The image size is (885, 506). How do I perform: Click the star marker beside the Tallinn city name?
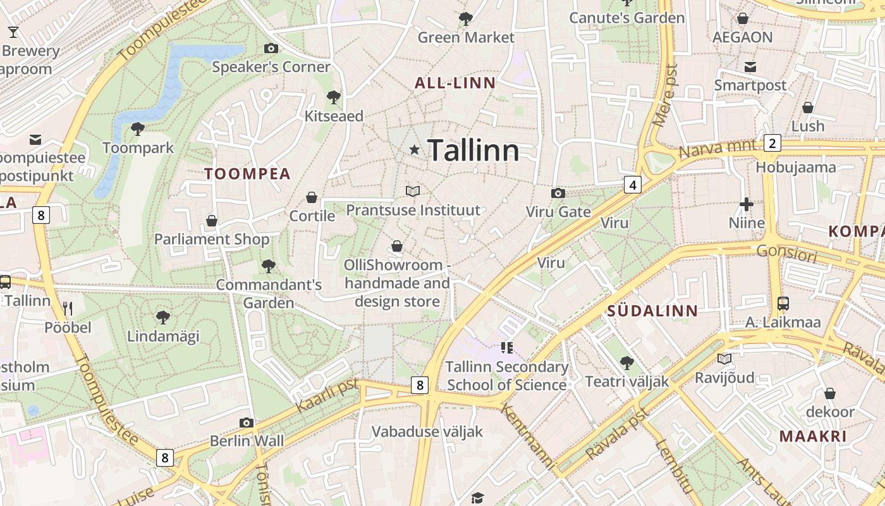415,150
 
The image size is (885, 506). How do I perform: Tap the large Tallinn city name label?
473,151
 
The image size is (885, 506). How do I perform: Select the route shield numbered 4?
632,185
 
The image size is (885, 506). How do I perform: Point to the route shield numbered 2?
771,143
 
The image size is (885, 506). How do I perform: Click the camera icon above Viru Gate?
558,193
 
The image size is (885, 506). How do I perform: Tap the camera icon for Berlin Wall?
247,423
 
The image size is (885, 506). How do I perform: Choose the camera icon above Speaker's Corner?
271,48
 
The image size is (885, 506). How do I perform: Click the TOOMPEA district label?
247,174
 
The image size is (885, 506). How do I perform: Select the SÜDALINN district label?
652,311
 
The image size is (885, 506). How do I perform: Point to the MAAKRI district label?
812,436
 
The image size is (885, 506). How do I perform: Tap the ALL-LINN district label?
455,83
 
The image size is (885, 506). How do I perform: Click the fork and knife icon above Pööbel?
68,309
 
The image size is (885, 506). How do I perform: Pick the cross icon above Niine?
747,204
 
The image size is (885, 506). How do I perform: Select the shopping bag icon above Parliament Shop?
212,221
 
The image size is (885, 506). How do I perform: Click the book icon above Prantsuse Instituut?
412,191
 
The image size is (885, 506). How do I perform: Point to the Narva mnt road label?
717,151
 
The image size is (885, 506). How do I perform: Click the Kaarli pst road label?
327,395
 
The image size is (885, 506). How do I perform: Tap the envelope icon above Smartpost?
750,67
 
